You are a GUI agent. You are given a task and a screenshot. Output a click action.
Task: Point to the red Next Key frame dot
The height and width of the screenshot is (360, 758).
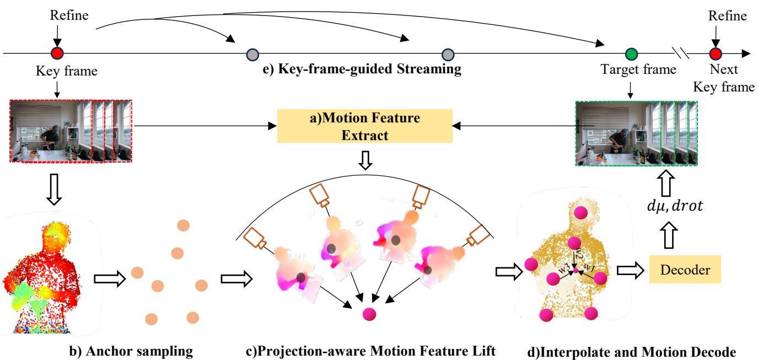coord(716,54)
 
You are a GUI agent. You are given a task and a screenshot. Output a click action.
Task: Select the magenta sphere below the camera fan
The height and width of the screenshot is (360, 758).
coord(369,314)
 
